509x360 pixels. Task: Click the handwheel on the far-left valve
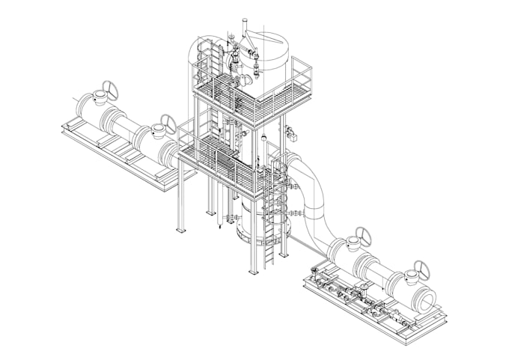(106, 91)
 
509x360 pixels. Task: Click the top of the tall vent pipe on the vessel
(244, 22)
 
